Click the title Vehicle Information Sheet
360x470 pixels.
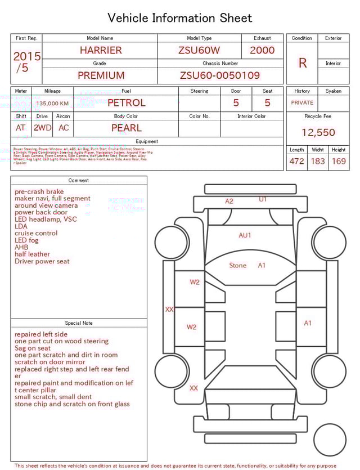pos(179,18)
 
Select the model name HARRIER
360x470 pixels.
pos(101,50)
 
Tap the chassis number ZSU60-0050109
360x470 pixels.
pos(220,75)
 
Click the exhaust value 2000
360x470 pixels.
pos(262,50)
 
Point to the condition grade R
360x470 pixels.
pos(302,63)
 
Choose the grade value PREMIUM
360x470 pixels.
pos(101,75)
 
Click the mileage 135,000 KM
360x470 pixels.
pos(52,104)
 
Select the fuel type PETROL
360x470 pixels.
pos(127,103)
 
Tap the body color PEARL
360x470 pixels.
pos(127,128)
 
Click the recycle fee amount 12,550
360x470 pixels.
pos(318,133)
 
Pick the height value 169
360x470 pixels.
pos(339,162)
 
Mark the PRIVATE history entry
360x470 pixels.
pos(302,103)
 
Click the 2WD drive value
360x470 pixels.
pos(42,128)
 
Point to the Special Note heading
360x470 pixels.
pos(79,323)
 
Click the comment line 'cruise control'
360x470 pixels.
pos(36,233)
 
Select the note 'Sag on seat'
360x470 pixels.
pos(33,348)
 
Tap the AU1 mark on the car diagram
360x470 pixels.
pos(245,235)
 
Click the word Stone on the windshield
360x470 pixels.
pos(237,265)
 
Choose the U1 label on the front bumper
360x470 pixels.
pos(263,199)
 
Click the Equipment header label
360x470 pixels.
pos(147,141)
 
